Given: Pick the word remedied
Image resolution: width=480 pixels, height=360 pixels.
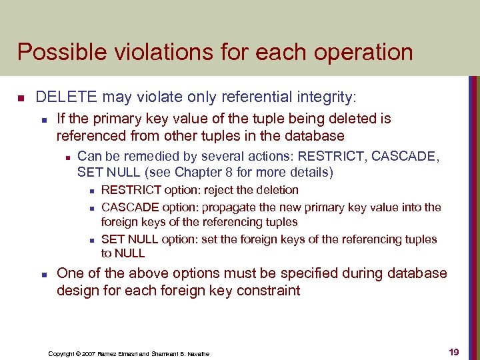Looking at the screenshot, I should tap(145, 157).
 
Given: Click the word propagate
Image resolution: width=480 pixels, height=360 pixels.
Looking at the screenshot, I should tap(227, 207).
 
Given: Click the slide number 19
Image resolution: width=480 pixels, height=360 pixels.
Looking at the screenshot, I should tap(453, 351).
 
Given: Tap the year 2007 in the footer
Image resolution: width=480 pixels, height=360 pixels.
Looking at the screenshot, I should tap(87, 353).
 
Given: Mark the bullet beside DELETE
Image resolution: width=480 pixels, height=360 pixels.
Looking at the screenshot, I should tap(21, 99).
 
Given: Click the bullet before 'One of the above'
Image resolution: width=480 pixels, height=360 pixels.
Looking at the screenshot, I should tap(42, 275).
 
